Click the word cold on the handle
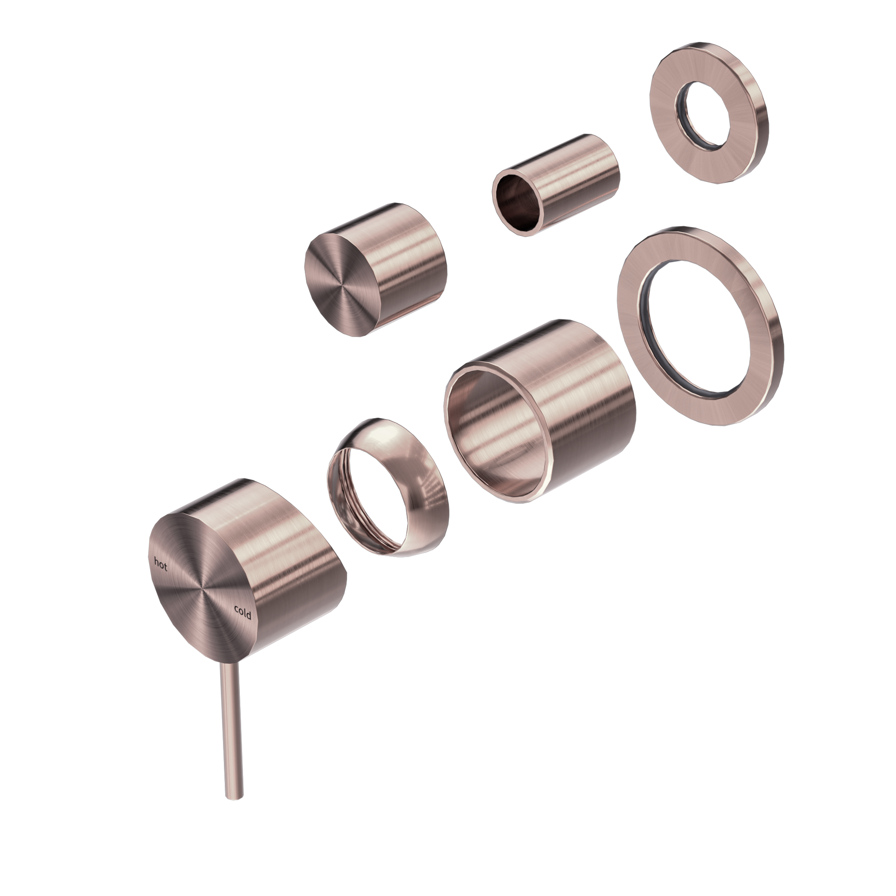(x=242, y=612)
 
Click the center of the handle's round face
(x=201, y=589)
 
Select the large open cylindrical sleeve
(x=539, y=410)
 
